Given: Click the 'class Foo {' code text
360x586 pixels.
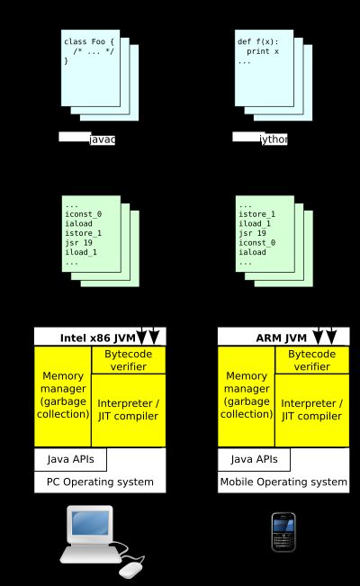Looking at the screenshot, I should click(89, 41).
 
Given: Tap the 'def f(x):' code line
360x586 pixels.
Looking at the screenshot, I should click(257, 41).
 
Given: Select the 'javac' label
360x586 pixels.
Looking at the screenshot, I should click(102, 140).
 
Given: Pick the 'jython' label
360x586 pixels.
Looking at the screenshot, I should click(273, 140).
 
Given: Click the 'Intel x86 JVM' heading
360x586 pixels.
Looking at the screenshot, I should click(96, 338).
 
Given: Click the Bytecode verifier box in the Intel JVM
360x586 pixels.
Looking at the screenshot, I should click(129, 360).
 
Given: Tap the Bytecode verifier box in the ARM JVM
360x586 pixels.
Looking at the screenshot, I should click(311, 360).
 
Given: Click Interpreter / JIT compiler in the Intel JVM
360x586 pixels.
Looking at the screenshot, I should click(129, 410).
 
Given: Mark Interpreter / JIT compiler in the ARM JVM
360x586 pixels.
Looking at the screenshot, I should click(311, 410).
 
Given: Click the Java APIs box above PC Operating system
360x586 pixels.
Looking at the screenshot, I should click(71, 459).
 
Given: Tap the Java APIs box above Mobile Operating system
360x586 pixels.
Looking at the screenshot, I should click(255, 459).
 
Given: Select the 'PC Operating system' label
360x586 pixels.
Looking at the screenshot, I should click(100, 482).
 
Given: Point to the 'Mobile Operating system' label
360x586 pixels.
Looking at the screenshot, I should click(283, 482).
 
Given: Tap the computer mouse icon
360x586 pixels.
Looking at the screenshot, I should click(131, 568).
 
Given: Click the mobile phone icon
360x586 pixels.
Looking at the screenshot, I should click(283, 532).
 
